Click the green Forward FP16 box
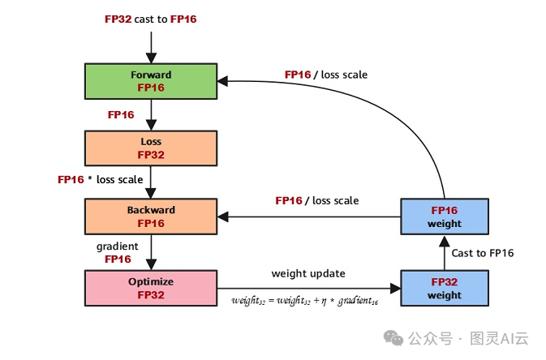tap(151, 80)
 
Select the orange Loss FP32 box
tap(151, 148)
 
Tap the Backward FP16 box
tap(151, 216)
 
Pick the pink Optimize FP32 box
tap(151, 287)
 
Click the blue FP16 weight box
tap(445, 216)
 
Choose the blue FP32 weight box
tap(445, 288)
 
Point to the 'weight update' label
tap(308, 273)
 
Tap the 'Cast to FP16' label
tap(483, 253)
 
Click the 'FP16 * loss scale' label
tap(101, 179)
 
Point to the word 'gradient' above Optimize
tap(118, 246)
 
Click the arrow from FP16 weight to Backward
tap(308, 216)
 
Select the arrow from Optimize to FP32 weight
tap(308, 287)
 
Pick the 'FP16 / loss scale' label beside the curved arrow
tap(325, 75)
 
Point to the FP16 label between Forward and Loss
tap(121, 115)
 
